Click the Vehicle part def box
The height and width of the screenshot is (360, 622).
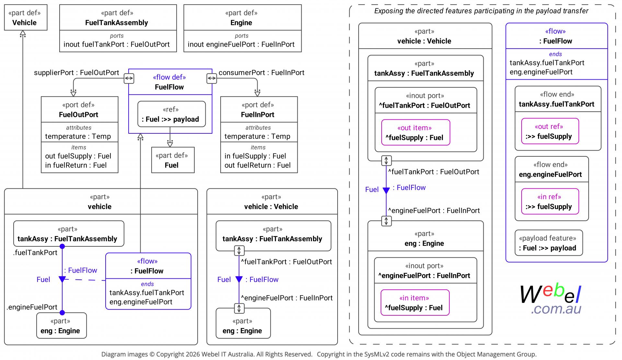(x=26, y=17)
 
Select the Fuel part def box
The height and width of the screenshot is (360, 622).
(x=173, y=160)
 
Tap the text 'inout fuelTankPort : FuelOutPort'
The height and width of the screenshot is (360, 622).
(x=117, y=44)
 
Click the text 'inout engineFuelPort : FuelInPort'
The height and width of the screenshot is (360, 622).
(x=241, y=44)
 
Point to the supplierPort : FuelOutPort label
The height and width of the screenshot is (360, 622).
(x=76, y=73)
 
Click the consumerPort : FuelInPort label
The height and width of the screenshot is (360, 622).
(x=261, y=73)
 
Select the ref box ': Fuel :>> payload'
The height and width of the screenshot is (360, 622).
(x=171, y=114)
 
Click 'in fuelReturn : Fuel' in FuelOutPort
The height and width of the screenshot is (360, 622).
(x=76, y=165)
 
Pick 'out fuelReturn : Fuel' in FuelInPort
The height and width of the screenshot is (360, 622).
(x=258, y=165)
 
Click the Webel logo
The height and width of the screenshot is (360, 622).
(x=551, y=299)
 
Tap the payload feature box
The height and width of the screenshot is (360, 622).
(x=549, y=243)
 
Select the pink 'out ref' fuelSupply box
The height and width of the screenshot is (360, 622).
(x=550, y=131)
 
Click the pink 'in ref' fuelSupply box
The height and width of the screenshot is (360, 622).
(x=550, y=201)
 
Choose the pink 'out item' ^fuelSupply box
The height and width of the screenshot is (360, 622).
(x=416, y=132)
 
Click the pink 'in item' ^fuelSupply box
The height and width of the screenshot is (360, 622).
(x=415, y=302)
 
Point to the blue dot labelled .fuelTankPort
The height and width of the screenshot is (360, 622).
(x=62, y=247)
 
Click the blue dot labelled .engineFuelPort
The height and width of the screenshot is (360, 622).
(x=62, y=313)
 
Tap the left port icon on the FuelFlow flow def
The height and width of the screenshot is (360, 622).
(x=129, y=78)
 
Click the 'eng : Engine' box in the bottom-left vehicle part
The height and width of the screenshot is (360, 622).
(x=62, y=325)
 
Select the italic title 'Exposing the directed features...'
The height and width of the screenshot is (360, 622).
(x=481, y=11)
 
